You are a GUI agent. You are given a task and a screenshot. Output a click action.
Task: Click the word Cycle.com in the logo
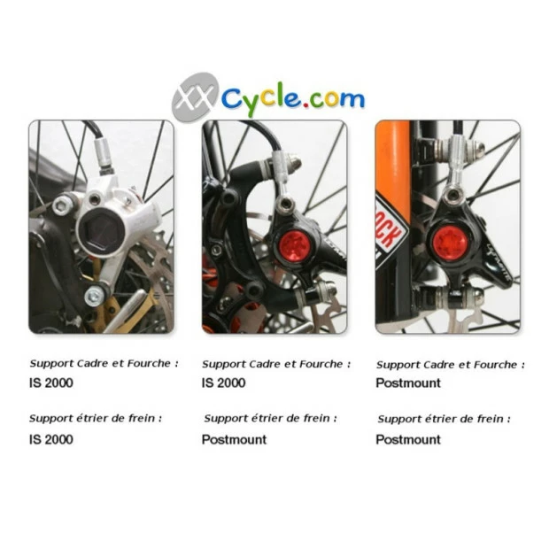click(292, 97)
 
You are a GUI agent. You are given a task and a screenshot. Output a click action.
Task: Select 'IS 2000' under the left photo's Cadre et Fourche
click(50, 383)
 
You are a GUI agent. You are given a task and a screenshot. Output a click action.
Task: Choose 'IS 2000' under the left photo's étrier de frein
click(50, 439)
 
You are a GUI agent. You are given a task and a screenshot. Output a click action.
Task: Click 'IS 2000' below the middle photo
click(224, 383)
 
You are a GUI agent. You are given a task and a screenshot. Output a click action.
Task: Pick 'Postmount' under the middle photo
click(234, 439)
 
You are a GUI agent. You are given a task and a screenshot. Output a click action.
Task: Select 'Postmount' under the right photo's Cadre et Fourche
click(407, 383)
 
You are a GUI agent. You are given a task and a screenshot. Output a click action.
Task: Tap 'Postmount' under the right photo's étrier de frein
click(407, 439)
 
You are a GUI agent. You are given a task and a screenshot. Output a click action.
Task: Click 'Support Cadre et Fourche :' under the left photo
click(104, 363)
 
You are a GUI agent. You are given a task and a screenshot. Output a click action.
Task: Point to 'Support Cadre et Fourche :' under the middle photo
click(276, 364)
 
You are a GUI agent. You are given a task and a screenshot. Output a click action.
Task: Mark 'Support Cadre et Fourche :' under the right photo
click(450, 364)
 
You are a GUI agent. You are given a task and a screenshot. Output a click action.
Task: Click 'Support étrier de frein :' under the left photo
click(96, 418)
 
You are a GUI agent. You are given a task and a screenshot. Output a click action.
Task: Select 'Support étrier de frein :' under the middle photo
click(269, 419)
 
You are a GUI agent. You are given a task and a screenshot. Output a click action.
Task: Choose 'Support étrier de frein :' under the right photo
click(444, 419)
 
